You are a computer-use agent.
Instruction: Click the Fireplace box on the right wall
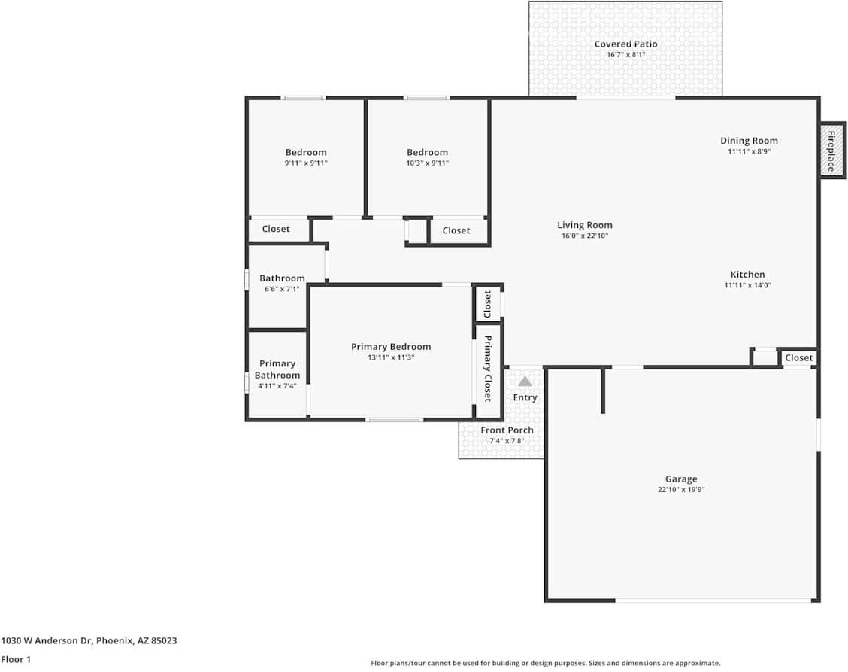(832, 151)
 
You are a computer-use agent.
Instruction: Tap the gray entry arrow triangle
(525, 382)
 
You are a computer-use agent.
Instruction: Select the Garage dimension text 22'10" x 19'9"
(680, 489)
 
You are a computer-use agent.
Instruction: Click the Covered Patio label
(625, 44)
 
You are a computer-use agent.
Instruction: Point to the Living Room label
(584, 225)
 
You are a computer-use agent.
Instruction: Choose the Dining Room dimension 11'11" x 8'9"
(749, 151)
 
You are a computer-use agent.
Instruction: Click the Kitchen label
(747, 275)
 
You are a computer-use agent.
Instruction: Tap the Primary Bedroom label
(391, 347)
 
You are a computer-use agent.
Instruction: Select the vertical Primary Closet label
(488, 368)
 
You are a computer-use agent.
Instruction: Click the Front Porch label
(507, 430)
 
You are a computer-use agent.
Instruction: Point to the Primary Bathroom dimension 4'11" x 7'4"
(277, 386)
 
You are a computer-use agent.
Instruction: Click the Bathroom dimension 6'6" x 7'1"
(282, 289)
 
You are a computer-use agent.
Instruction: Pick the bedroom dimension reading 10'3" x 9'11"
(427, 163)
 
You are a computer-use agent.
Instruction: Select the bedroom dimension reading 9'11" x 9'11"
(306, 163)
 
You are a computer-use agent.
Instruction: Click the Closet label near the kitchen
(798, 358)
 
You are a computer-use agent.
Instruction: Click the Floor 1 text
(17, 660)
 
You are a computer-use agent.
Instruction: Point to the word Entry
(525, 397)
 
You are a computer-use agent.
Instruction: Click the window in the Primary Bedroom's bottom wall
(394, 419)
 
